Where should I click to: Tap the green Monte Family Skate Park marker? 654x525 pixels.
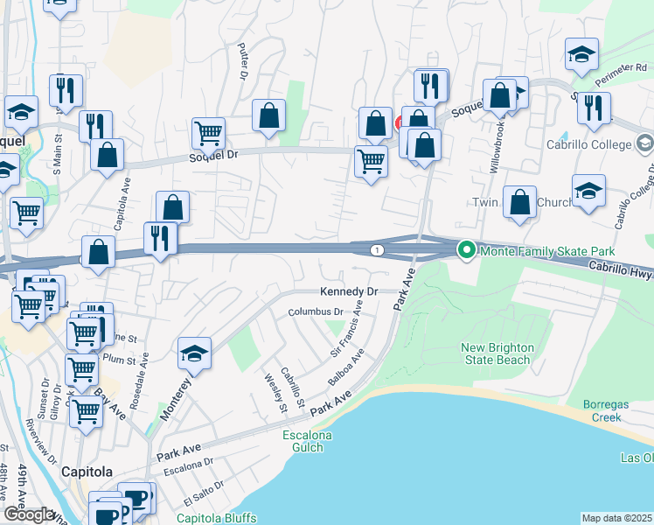click(467, 251)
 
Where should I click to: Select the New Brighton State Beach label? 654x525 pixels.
click(497, 353)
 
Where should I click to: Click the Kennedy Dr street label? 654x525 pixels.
click(348, 291)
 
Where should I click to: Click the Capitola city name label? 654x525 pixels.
click(87, 472)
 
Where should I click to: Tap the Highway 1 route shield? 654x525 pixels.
click(376, 250)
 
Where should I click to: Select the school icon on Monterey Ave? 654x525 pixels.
click(194, 353)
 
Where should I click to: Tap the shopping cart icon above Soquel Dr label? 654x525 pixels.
click(209, 133)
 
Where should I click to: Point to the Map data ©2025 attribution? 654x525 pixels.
click(617, 518)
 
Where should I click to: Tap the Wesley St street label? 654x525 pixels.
click(275, 391)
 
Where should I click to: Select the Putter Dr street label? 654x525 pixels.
click(242, 62)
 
